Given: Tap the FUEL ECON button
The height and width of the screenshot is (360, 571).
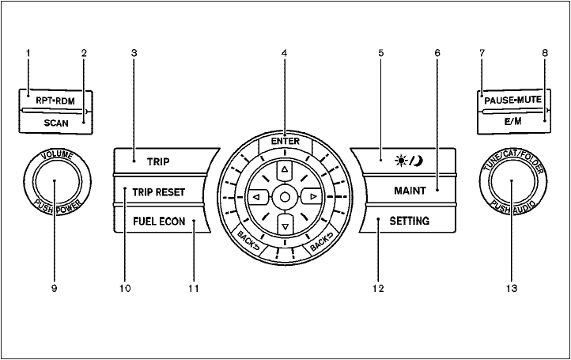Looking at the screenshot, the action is (158, 222).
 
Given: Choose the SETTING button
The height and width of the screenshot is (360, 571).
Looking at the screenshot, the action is (409, 222).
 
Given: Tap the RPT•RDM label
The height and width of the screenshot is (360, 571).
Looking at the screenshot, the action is (54, 101).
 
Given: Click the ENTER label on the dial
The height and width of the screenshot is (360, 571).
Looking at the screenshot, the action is (283, 140).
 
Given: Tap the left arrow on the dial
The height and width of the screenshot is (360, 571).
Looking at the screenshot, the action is (255, 196).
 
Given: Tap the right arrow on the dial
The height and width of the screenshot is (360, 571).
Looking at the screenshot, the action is (312, 196).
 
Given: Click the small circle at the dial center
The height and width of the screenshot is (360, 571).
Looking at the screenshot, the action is (283, 196).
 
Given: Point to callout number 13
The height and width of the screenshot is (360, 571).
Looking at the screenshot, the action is (512, 289).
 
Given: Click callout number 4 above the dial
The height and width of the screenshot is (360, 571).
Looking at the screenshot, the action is (283, 53).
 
